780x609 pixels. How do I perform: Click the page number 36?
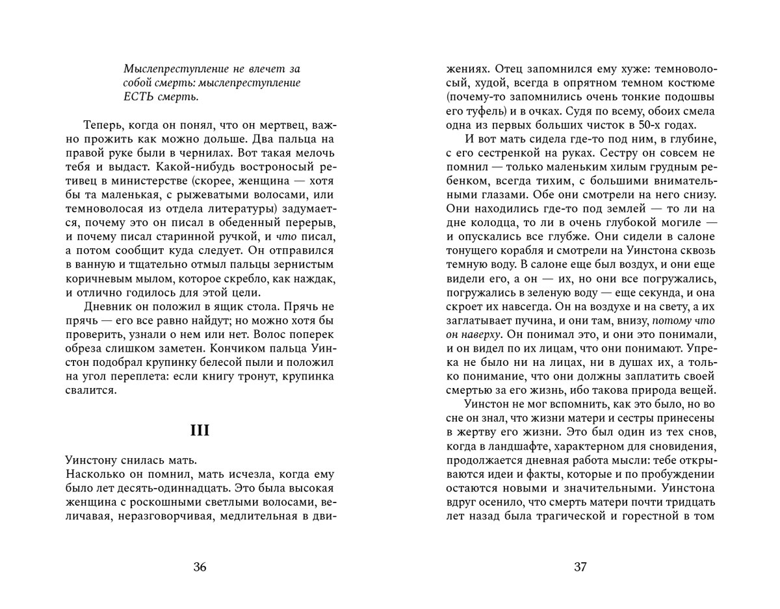(x=200, y=567)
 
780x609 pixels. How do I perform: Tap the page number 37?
(x=580, y=567)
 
